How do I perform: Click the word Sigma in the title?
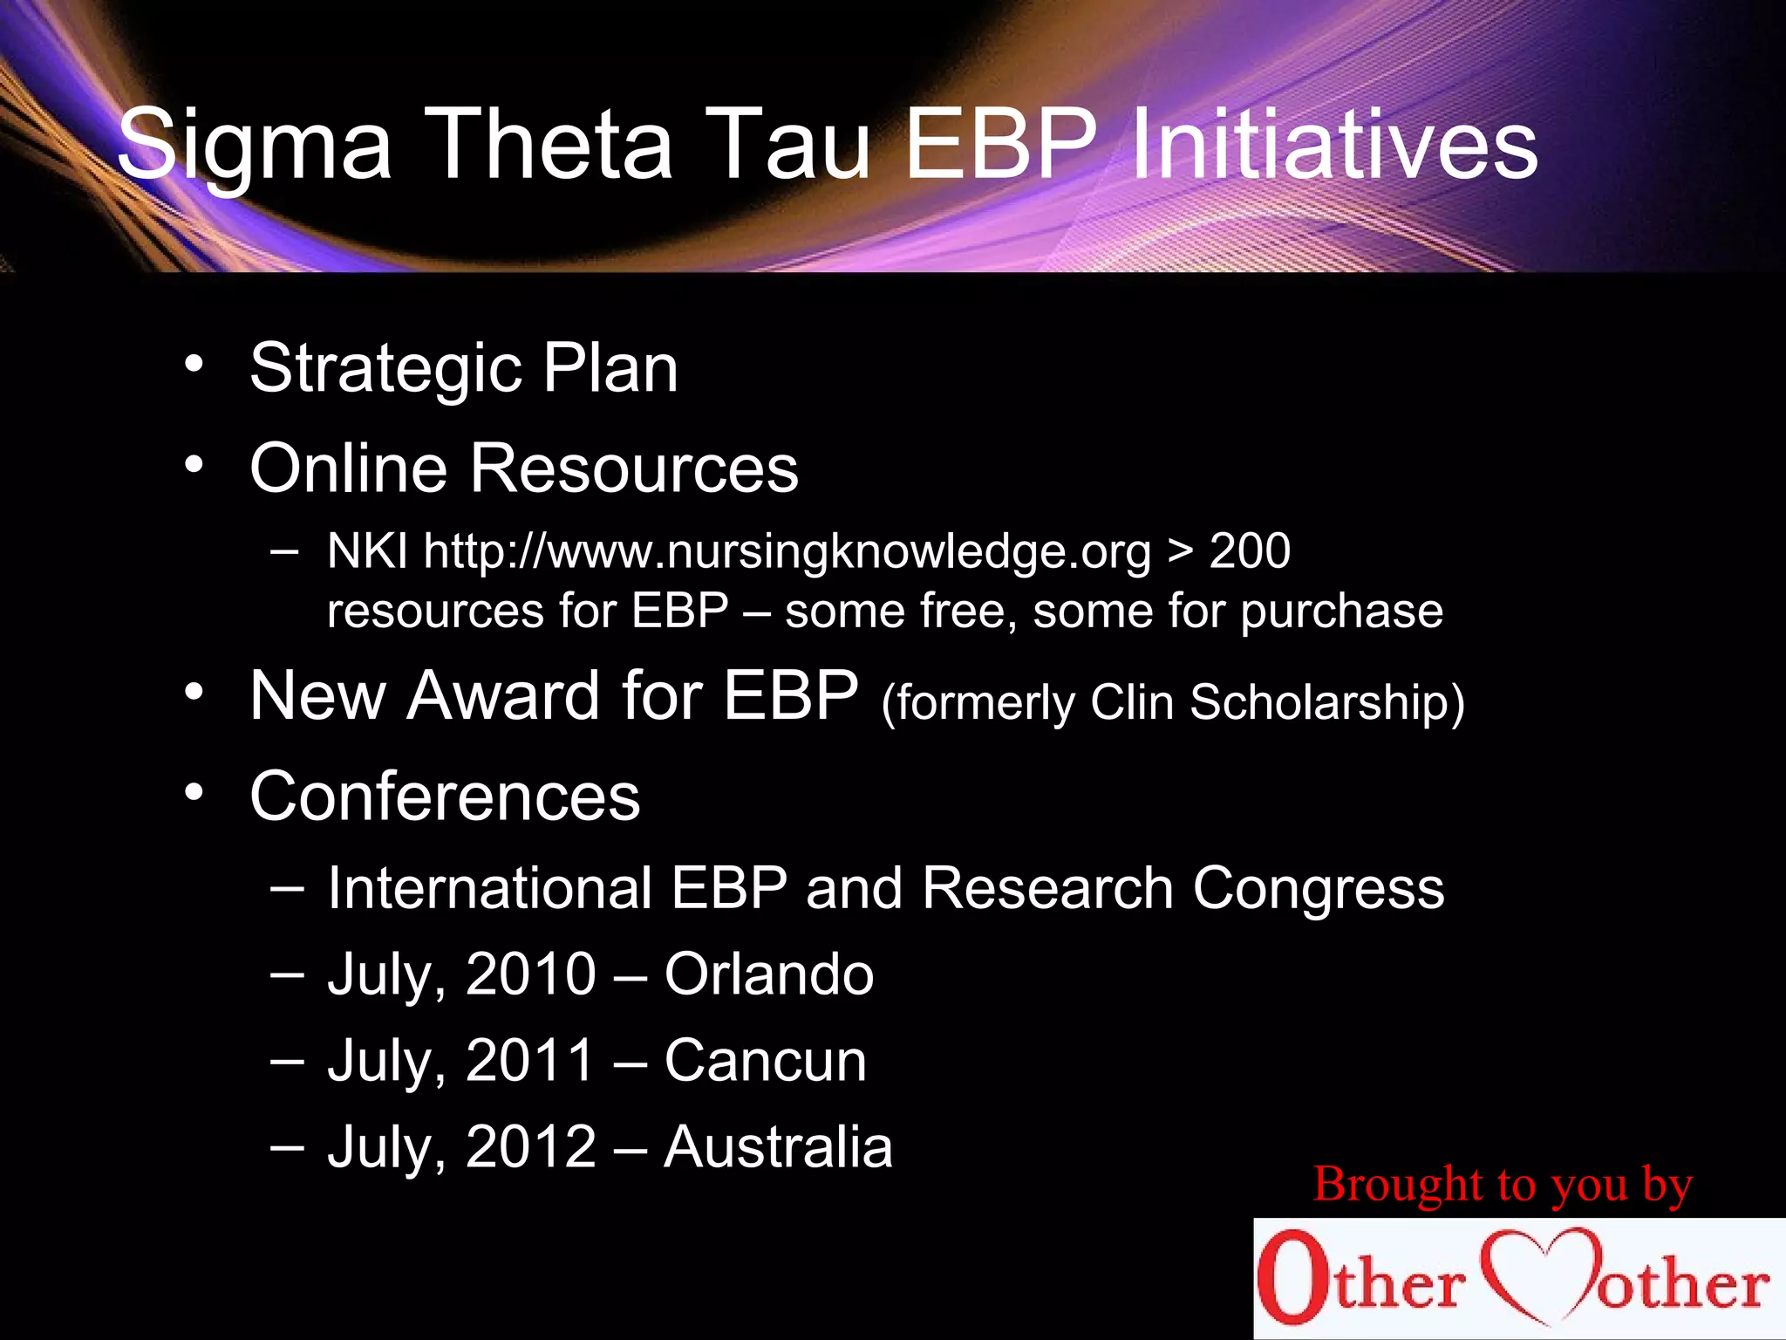(254, 144)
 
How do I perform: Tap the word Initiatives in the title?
(1334, 144)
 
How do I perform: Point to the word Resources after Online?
(634, 468)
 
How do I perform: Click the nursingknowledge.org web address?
(787, 552)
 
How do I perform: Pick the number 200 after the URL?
(1250, 550)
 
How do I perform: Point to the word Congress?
(1318, 889)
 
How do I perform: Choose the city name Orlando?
(768, 974)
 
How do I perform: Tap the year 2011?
(530, 1061)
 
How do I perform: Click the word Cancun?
(765, 1061)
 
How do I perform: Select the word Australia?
(778, 1146)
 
